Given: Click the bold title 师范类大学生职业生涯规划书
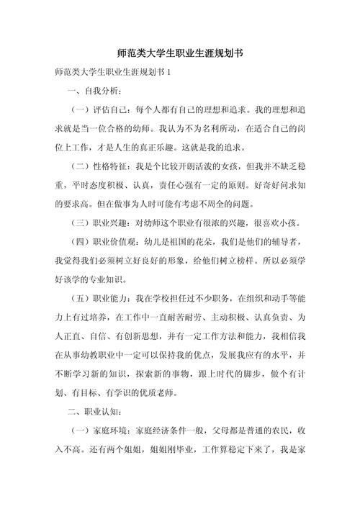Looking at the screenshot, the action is [x=179, y=53].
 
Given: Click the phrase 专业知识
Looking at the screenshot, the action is [x=110, y=281].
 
